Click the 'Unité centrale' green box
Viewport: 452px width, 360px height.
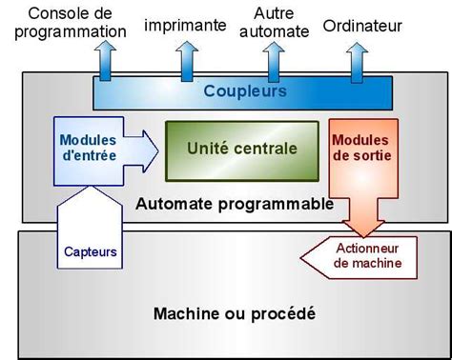point(241,150)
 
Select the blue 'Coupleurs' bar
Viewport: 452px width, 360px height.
point(244,92)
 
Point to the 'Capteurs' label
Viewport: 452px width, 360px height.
point(91,252)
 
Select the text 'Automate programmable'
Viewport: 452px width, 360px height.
point(235,204)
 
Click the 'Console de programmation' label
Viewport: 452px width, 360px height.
point(64,22)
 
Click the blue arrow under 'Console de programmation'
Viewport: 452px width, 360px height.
point(103,61)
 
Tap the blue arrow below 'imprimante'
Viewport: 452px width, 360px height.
point(184,61)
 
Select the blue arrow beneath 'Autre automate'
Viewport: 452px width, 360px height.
point(274,61)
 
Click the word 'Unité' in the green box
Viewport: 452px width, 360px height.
point(209,149)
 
